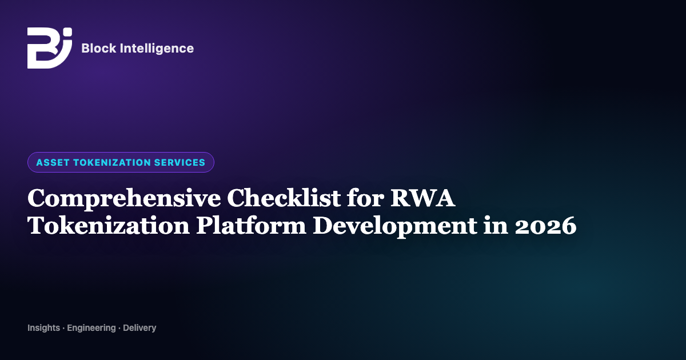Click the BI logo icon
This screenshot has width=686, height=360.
(50, 48)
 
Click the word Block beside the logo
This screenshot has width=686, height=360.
(98, 49)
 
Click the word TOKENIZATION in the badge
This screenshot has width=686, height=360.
(112, 162)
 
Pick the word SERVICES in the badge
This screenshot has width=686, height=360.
(180, 162)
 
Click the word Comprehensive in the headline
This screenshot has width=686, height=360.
(124, 199)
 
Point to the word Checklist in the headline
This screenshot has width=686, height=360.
(284, 198)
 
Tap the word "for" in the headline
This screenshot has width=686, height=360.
(365, 198)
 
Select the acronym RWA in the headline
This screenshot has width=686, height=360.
(423, 198)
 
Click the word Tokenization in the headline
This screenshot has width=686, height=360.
(109, 225)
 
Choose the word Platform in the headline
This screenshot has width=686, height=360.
(251, 225)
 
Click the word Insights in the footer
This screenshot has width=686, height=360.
(43, 328)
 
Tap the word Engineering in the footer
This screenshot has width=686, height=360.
(91, 328)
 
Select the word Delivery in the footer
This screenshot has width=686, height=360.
(139, 328)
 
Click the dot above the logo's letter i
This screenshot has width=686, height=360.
(68, 32)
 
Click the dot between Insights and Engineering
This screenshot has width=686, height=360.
(63, 329)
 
